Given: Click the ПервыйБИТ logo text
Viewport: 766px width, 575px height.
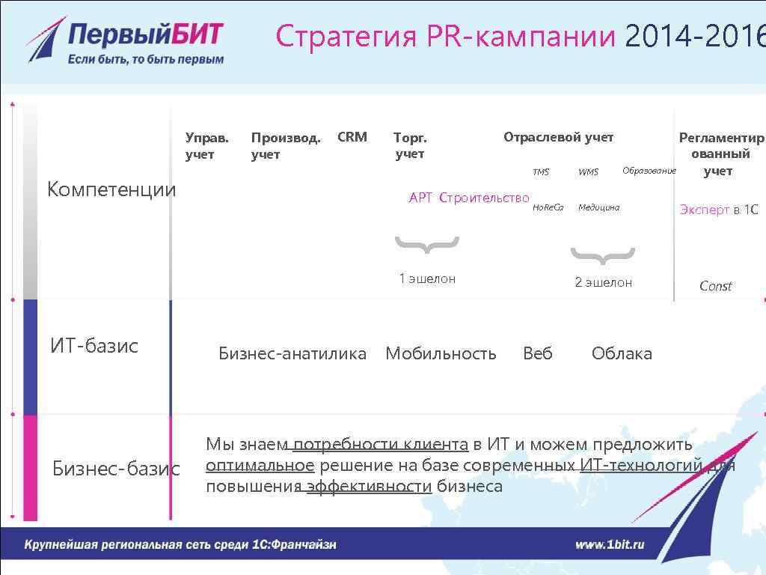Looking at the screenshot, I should (146, 34).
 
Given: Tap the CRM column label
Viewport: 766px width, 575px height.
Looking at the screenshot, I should (352, 137).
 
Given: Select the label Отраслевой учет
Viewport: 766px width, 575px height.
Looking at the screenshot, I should (558, 138).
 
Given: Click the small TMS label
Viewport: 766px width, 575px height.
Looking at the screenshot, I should (541, 172).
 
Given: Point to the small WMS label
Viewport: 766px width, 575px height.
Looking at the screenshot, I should (589, 172).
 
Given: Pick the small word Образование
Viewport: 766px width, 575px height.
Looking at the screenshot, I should (649, 171).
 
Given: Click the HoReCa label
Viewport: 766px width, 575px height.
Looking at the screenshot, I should (548, 207).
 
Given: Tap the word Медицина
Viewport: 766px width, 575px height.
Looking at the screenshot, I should (599, 207).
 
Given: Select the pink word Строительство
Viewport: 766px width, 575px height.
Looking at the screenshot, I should (485, 198).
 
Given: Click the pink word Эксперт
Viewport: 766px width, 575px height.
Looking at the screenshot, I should (705, 210).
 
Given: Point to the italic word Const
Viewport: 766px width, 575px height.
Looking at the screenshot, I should (715, 286).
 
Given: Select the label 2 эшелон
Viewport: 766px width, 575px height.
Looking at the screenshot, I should (603, 282).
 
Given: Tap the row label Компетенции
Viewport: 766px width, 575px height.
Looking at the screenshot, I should (111, 189).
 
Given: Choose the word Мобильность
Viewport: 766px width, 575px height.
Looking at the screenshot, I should (441, 353).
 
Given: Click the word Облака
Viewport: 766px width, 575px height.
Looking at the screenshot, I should (622, 353).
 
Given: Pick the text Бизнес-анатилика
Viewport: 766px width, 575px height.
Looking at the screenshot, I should (292, 353).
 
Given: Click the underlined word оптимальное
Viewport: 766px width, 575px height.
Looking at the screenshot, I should (260, 466).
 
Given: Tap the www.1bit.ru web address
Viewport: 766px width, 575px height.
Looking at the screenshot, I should (610, 545).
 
